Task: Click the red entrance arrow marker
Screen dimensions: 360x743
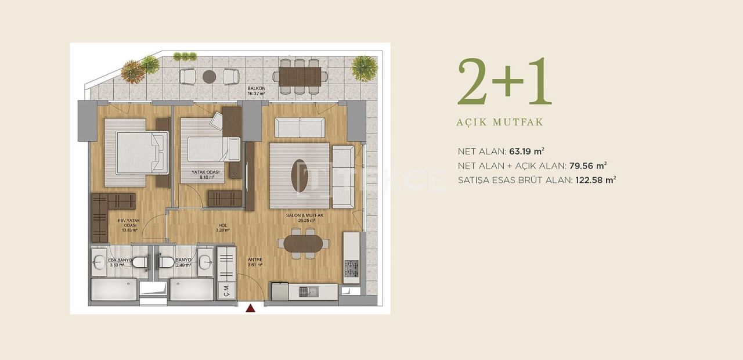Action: pyautogui.click(x=251, y=308)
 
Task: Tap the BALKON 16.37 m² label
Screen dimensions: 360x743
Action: pyautogui.click(x=256, y=91)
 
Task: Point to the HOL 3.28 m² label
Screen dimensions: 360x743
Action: pyautogui.click(x=222, y=228)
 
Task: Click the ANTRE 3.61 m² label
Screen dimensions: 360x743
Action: pyautogui.click(x=255, y=262)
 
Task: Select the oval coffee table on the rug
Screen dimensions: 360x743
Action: pyautogui.click(x=300, y=176)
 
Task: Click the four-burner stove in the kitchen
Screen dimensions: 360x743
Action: pyautogui.click(x=352, y=269)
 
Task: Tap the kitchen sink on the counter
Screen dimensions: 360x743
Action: pyautogui.click(x=306, y=291)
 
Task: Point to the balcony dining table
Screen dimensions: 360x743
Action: pyautogui.click(x=300, y=76)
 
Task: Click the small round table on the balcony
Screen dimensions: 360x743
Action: pyautogui.click(x=209, y=76)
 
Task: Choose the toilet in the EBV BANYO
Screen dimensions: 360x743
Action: pyautogui.click(x=139, y=262)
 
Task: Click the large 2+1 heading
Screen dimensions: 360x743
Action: pyautogui.click(x=504, y=82)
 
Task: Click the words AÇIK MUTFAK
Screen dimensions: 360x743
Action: pyautogui.click(x=500, y=123)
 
